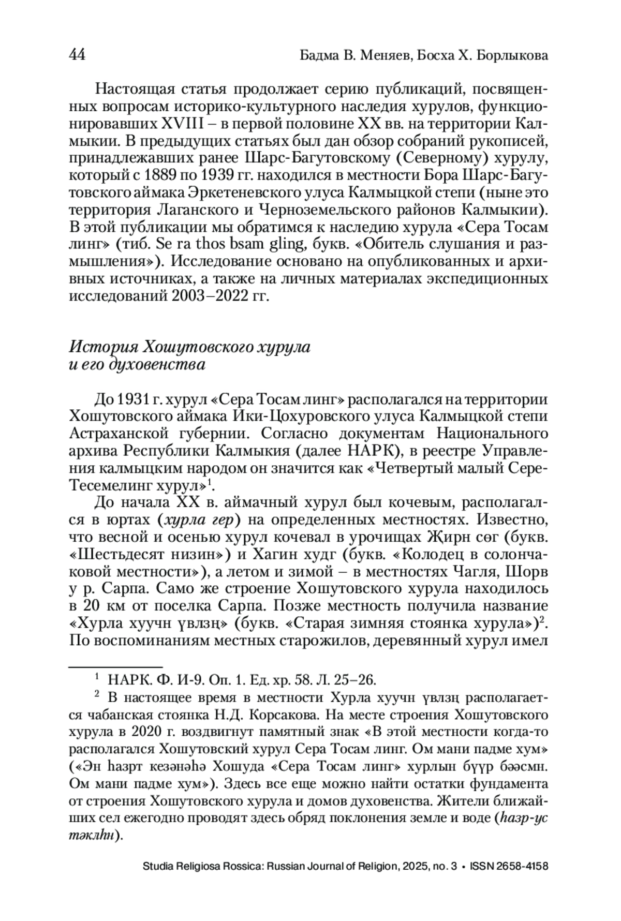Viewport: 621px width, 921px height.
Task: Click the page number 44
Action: pyautogui.click(x=77, y=55)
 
